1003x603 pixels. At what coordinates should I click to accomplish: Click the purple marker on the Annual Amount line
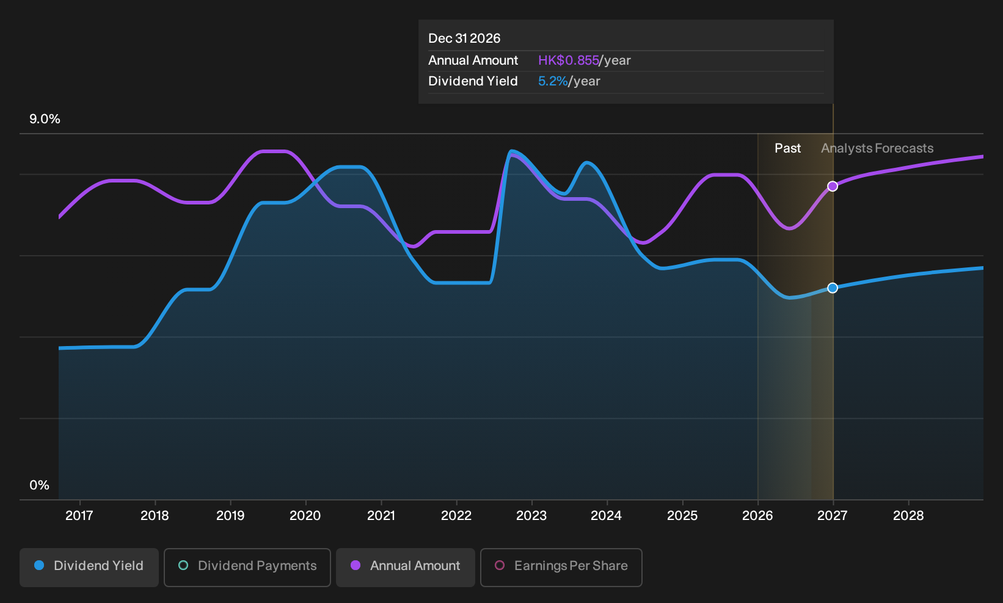[833, 186]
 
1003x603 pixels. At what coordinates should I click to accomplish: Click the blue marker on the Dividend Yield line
[833, 288]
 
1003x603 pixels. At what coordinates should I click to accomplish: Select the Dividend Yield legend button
[89, 567]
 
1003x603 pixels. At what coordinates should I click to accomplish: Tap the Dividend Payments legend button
[247, 567]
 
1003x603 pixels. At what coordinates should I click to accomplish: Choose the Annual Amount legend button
[405, 567]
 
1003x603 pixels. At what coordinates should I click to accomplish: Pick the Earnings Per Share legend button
[561, 567]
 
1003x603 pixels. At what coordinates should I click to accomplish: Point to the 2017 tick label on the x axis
[79, 516]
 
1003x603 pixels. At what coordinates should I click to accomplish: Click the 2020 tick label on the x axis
[305, 516]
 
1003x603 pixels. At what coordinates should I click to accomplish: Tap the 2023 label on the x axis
[531, 516]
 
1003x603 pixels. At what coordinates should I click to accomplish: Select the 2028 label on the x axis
[908, 516]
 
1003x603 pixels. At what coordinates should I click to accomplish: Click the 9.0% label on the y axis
[45, 119]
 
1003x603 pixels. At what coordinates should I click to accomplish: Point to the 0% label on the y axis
[40, 485]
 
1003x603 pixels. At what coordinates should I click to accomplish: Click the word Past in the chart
[787, 148]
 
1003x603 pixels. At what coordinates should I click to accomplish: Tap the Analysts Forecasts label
[877, 148]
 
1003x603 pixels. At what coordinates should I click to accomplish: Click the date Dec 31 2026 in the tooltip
[464, 38]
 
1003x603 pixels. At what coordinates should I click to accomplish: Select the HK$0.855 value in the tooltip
[569, 60]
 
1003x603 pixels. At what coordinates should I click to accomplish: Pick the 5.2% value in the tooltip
[553, 81]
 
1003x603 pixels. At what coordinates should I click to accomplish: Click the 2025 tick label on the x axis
[682, 516]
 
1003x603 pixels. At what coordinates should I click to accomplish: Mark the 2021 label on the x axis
[381, 516]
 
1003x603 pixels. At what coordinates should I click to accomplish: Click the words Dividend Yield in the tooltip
[473, 81]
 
